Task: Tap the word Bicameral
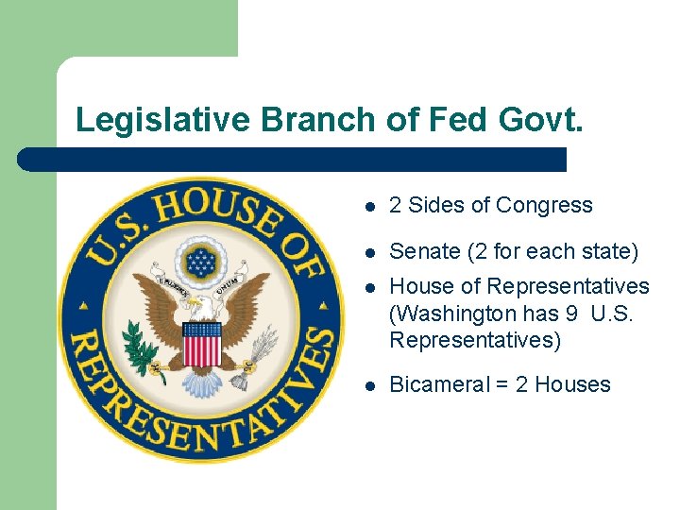[x=438, y=385]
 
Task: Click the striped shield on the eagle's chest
[x=200, y=344]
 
